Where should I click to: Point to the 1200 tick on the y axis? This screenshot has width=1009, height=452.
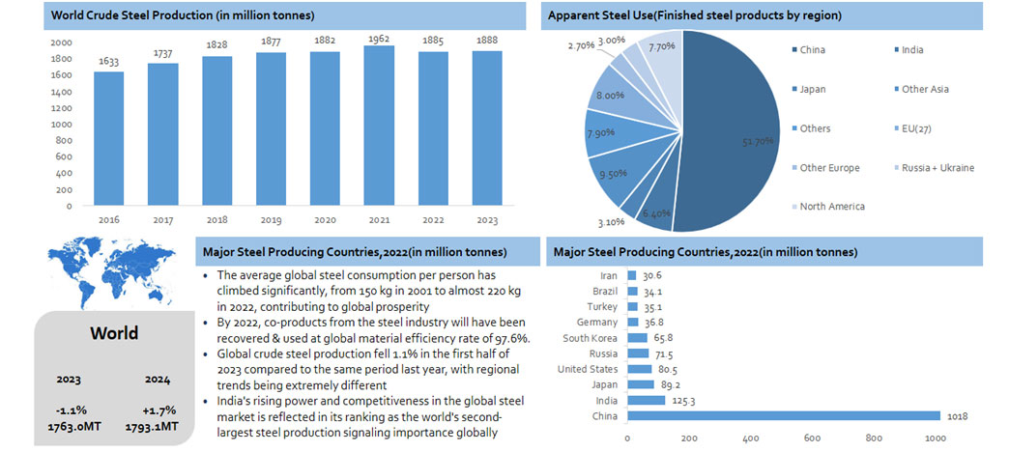click(61, 107)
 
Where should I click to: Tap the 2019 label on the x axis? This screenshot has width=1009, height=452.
click(272, 219)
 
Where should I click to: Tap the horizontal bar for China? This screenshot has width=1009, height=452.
click(784, 416)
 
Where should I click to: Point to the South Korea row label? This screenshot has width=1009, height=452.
click(591, 337)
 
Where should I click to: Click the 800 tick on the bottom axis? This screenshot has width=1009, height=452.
click(875, 438)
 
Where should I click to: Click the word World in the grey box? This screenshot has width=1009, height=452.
click(114, 333)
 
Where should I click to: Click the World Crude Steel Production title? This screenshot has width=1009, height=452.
click(182, 16)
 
